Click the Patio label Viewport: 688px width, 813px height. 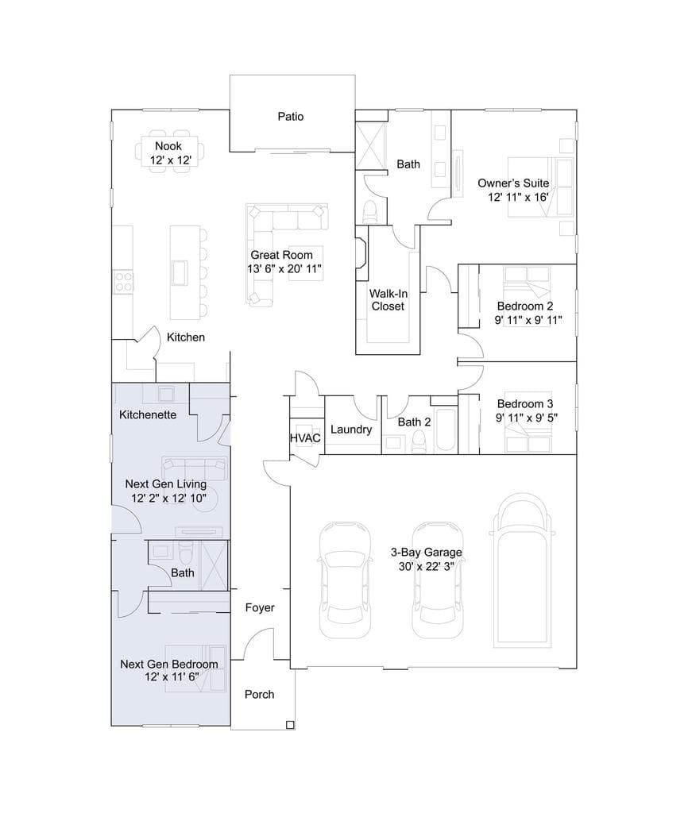290,117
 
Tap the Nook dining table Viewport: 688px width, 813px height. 169,152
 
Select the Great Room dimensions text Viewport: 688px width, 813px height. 284,268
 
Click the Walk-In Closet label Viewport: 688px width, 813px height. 388,299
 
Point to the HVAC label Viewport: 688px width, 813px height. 305,438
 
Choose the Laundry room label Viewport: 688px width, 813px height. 351,430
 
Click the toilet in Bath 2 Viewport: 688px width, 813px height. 418,441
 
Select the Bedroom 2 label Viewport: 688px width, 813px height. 525,306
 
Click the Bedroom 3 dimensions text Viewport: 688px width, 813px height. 527,418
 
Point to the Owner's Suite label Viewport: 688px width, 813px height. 513,183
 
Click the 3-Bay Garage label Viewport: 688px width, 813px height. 426,553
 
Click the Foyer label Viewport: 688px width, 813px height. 260,607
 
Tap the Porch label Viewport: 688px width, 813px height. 260,694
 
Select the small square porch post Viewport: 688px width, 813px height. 291,725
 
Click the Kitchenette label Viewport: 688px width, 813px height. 148,414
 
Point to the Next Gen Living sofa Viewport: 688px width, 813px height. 194,468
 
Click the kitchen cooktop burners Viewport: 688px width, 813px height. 123,282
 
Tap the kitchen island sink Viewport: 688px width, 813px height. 180,273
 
